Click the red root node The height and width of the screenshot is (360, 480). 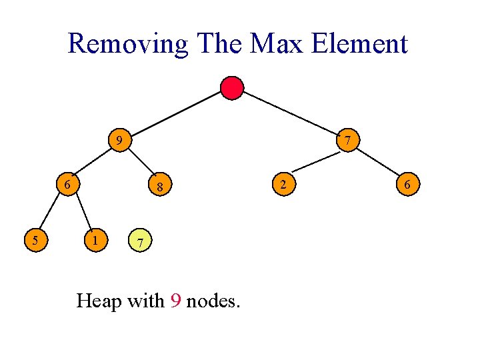232,87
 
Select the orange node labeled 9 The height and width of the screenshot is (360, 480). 119,141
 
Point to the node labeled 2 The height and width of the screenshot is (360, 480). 283,184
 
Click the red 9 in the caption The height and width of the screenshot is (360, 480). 175,301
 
